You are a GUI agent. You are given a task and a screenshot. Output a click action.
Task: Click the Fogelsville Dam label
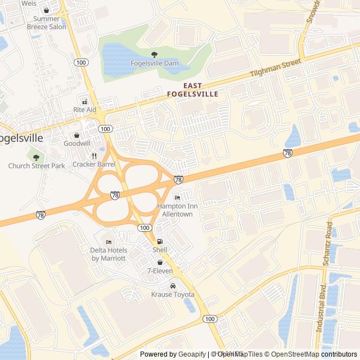pos(154,63)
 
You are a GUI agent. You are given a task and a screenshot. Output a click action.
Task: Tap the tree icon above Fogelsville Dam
pos(154,55)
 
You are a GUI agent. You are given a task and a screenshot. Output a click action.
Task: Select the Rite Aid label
pos(85,110)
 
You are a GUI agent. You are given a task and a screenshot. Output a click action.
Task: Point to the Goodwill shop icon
pos(77,136)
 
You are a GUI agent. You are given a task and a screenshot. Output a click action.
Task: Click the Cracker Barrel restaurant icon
pos(94,156)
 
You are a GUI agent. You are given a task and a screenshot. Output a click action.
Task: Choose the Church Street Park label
pos(37,166)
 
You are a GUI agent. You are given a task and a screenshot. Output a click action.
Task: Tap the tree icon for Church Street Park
pos(37,157)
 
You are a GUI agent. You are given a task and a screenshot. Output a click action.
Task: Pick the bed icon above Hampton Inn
pos(177,198)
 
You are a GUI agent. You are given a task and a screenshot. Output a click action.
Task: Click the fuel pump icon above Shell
pos(159,241)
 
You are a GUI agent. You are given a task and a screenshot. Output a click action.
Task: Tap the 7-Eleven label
pos(160,271)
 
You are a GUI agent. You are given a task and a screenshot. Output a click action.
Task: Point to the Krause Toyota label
pos(173,295)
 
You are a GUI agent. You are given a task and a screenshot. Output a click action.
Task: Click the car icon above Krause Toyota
pos(173,286)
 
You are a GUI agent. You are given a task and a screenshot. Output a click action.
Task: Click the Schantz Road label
pos(329,236)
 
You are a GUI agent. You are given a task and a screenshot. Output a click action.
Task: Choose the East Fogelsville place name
pos(192,90)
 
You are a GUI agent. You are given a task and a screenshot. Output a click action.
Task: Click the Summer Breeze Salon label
pos(46,22)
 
